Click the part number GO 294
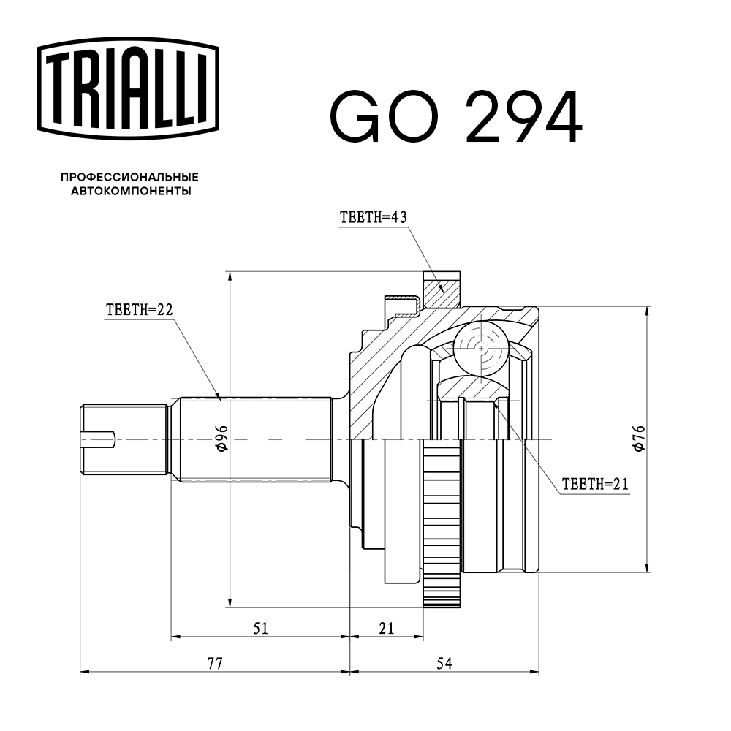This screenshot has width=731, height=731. click(x=455, y=117)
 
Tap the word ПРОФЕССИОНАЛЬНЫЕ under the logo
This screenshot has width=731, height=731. click(x=129, y=177)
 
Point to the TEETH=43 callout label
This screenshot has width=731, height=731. click(x=373, y=217)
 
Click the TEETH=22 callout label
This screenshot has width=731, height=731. click(x=139, y=310)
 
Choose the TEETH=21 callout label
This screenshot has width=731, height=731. click(x=595, y=483)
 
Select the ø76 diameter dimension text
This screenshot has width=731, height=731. click(x=638, y=438)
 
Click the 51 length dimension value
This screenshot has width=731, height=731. click(x=261, y=627)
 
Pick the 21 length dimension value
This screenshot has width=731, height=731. click(x=387, y=627)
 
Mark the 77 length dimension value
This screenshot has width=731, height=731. click(x=214, y=664)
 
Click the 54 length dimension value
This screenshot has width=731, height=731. click(x=444, y=664)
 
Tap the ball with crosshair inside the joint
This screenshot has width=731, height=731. click(x=480, y=348)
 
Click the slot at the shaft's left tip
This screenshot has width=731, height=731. click(x=99, y=439)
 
